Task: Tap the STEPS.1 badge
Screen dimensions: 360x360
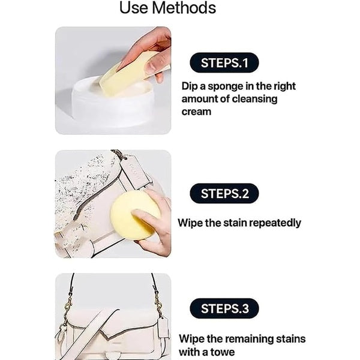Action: [x=224, y=62]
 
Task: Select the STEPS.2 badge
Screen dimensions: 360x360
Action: [x=224, y=193]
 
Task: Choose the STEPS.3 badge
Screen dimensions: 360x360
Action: [x=224, y=309]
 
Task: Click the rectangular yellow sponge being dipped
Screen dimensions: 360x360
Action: [x=127, y=74]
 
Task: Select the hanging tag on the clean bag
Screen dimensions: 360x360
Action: [x=162, y=327]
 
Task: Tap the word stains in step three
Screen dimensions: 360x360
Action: [x=289, y=339]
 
